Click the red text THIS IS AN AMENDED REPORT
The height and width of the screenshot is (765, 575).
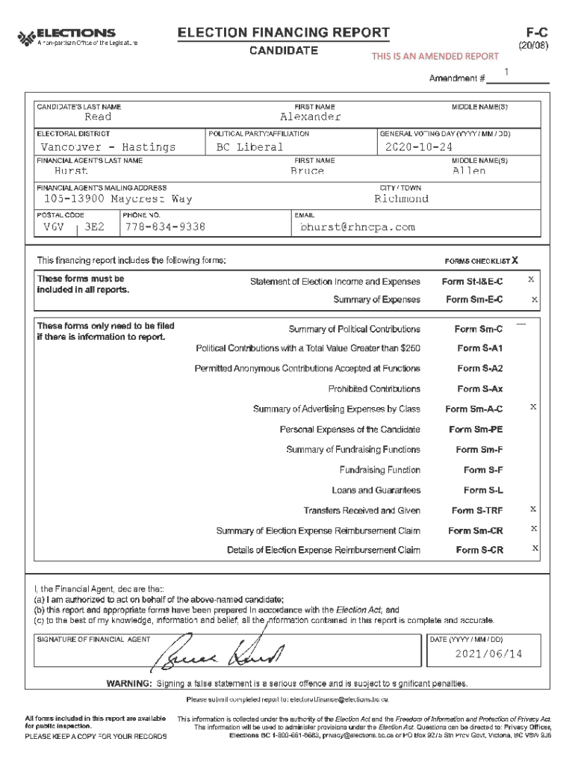(435, 57)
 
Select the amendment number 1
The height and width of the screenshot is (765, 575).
(506, 72)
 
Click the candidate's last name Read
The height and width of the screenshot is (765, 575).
(98, 117)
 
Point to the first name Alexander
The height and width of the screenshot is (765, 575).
(310, 117)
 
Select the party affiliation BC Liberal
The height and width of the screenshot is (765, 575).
(249, 147)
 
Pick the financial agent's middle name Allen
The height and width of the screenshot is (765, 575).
(469, 171)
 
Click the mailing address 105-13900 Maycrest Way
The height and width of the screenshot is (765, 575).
(118, 199)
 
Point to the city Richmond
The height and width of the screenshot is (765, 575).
(402, 199)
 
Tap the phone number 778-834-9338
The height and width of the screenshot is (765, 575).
(165, 227)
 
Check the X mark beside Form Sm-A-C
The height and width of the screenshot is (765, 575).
(532, 407)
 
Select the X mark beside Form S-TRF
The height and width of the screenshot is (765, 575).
(532, 509)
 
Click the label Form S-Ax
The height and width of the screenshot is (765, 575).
(479, 389)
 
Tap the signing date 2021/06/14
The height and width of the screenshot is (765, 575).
(488, 654)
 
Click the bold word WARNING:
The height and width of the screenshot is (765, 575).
(130, 684)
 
